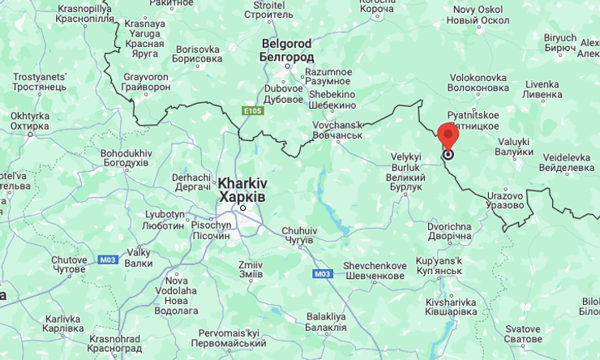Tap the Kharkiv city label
coord(242,190)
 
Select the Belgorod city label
coord(286,50)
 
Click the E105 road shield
coord(252,110)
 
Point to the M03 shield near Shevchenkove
coord(322,274)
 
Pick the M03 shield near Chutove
coord(107,259)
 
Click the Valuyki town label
coord(513,147)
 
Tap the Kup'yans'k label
coord(439,265)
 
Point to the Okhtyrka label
coord(30,121)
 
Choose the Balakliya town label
coord(326,321)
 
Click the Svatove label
coord(522,333)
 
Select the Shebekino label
coord(332,100)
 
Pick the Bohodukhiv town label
coord(126,157)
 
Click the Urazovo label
coord(505,200)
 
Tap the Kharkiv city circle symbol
coord(242,208)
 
